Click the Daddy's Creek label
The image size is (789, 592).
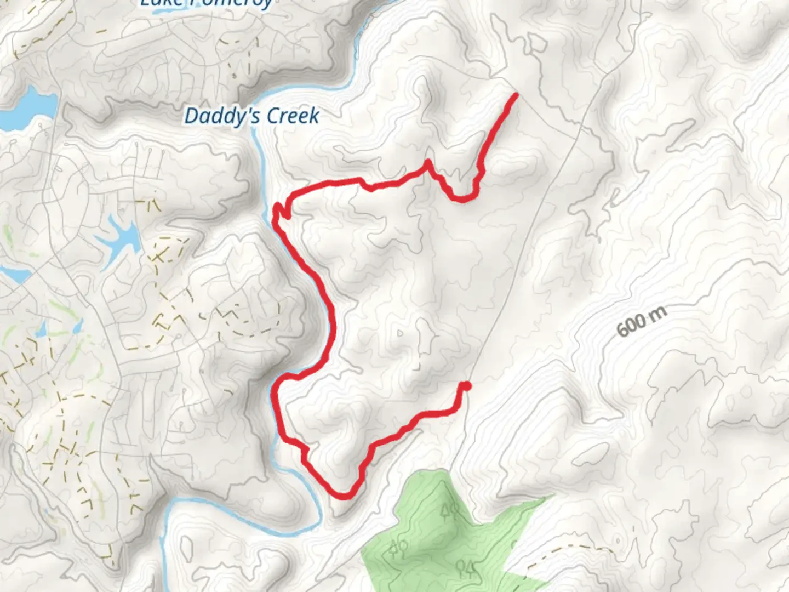pyautogui.click(x=251, y=116)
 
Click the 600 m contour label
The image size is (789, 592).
pyautogui.click(x=642, y=321)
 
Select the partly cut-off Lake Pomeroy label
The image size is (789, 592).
pyautogui.click(x=205, y=3)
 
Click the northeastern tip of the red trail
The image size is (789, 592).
pyautogui.click(x=516, y=95)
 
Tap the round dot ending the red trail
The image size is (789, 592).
pyautogui.click(x=466, y=386)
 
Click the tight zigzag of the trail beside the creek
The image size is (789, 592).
pyautogui.click(x=281, y=211)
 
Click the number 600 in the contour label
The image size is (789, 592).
pyautogui.click(x=631, y=326)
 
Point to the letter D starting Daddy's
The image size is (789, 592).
pyautogui.click(x=191, y=116)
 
